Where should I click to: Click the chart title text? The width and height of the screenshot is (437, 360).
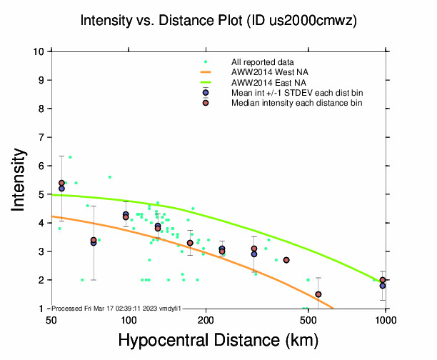(x=218, y=21)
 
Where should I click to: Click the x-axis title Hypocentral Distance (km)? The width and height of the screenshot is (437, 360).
(x=218, y=339)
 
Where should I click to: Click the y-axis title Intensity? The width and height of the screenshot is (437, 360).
(x=20, y=179)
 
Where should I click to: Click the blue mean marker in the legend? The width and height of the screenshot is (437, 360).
(x=206, y=93)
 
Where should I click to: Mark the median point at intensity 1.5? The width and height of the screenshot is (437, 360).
(x=318, y=294)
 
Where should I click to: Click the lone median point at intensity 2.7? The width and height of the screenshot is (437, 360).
(x=286, y=260)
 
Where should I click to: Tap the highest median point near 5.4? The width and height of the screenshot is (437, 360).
(x=61, y=183)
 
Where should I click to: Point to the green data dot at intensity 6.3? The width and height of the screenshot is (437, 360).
(x=70, y=157)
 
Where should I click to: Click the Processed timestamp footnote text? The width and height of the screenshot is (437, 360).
(x=116, y=308)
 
